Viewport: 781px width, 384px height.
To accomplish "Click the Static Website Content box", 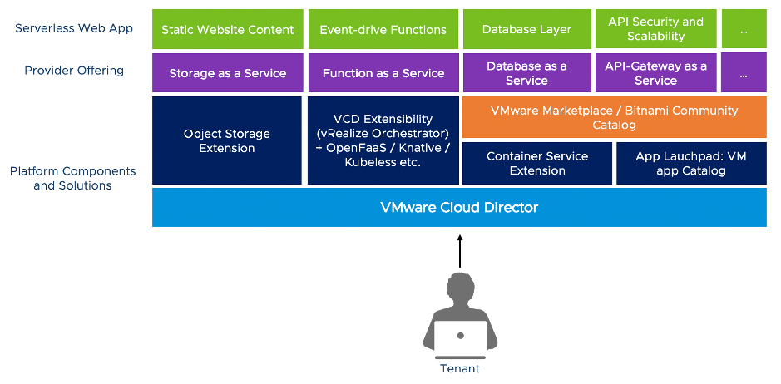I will [227, 29].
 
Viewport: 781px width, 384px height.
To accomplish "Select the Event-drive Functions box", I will [383, 29].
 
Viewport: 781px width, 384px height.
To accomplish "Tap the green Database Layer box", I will [526, 29].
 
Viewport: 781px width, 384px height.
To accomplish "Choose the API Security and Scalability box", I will [655, 29].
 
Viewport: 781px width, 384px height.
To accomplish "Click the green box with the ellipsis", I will [744, 29].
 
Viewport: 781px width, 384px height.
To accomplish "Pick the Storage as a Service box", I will [227, 73].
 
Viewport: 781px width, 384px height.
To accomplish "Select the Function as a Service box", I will [383, 73].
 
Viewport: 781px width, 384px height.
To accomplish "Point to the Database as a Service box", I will [526, 73].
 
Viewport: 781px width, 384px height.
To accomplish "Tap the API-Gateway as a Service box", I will [655, 73].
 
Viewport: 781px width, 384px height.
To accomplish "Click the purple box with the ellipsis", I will [744, 73].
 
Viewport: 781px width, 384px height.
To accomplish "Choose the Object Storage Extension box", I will [227, 140].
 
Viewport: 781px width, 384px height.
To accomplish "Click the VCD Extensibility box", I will [383, 140].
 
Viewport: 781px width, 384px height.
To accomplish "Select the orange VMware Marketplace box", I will [614, 117].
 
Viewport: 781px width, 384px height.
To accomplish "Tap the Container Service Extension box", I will [536, 163].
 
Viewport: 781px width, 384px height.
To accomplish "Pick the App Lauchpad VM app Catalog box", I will [691, 163].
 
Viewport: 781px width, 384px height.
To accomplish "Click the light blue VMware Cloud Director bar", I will [459, 207].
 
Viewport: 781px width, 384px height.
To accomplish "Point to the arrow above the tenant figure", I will [459, 250].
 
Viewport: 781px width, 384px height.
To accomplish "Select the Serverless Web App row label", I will [74, 28].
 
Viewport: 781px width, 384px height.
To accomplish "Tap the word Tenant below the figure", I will [460, 368].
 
